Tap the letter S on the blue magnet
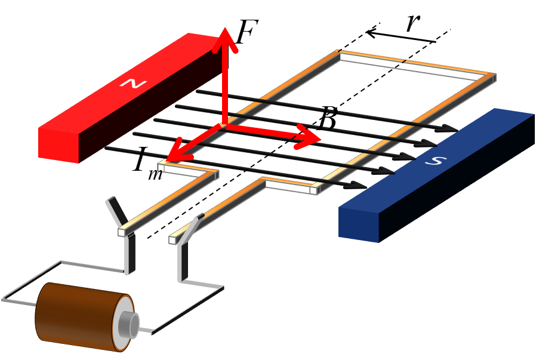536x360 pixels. pos(436,160)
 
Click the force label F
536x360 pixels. pos(247,32)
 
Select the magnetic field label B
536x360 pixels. pos(328,118)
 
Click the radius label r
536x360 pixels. pos(413,23)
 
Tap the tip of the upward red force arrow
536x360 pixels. pos(225,28)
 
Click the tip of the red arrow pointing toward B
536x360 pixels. pos(321,139)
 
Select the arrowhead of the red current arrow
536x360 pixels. pos(168,159)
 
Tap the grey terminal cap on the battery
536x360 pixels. pos(129,324)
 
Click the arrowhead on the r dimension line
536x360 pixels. pos(367,33)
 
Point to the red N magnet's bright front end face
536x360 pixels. pos(58,144)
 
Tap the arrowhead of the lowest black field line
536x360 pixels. pos(356,184)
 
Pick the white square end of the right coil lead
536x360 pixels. pos(172,239)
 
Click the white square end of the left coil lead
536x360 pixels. pos(122,232)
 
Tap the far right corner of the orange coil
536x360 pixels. pos(495,74)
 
